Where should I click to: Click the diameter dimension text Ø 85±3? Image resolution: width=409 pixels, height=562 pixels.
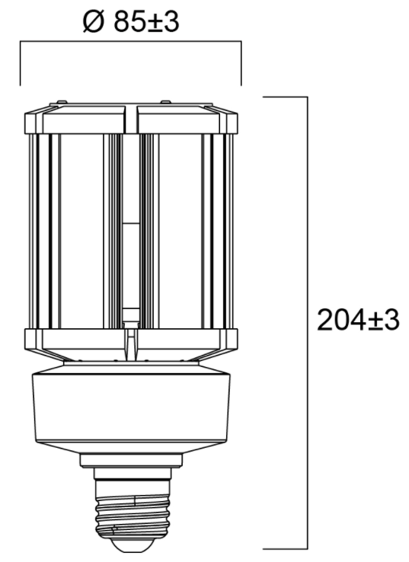coord(130,23)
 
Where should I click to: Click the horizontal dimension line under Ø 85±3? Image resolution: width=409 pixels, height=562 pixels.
coord(130,44)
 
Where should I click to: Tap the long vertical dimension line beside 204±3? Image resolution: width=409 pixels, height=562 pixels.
coord(307,320)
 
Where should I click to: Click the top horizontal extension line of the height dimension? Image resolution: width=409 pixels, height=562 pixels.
coord(285,97)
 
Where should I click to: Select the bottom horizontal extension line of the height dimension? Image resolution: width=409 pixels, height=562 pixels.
coord(285,548)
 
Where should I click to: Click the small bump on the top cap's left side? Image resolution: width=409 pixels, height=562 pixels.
coord(59,101)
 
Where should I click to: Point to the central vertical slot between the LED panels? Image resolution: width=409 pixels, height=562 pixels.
coord(130,228)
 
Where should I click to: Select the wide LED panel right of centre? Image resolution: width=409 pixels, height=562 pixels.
coord(178,228)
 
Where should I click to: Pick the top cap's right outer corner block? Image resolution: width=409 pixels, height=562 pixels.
coord(228,122)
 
